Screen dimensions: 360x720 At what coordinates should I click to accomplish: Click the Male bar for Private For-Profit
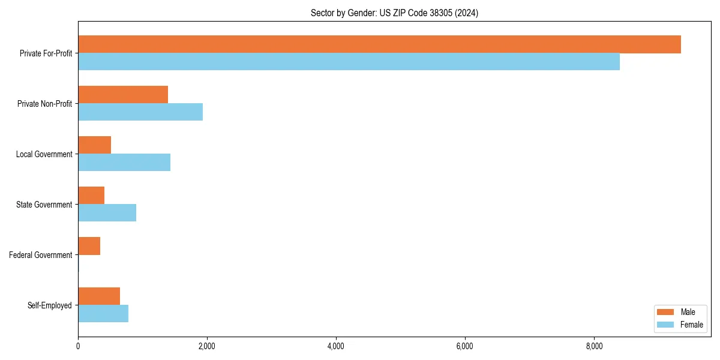click(x=379, y=44)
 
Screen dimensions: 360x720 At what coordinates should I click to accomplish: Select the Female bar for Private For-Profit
click(x=349, y=62)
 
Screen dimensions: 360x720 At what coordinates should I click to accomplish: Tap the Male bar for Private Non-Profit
click(x=123, y=95)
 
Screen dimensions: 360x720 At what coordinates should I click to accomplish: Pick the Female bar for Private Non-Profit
click(x=140, y=112)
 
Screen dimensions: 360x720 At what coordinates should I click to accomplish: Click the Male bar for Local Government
click(x=95, y=145)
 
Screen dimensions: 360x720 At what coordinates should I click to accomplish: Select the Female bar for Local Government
click(x=124, y=163)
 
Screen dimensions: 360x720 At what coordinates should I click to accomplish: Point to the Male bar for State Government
click(x=91, y=196)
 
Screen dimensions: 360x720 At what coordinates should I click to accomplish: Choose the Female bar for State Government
click(x=107, y=213)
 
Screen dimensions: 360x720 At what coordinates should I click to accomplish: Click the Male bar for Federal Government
click(x=89, y=246)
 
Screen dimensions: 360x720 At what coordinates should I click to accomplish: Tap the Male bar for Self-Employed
click(x=99, y=296)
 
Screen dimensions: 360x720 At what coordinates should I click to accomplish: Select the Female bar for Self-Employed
click(x=103, y=314)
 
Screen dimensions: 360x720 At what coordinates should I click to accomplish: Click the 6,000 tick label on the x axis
click(x=465, y=347)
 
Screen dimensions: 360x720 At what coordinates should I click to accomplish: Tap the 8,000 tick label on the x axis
click(x=594, y=347)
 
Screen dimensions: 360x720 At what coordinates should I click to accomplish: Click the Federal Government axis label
click(x=41, y=255)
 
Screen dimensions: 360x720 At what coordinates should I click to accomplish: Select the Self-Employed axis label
click(x=50, y=305)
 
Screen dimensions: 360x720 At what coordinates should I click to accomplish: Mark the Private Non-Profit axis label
click(x=44, y=104)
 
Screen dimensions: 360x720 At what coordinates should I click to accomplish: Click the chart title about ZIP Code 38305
click(x=394, y=13)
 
